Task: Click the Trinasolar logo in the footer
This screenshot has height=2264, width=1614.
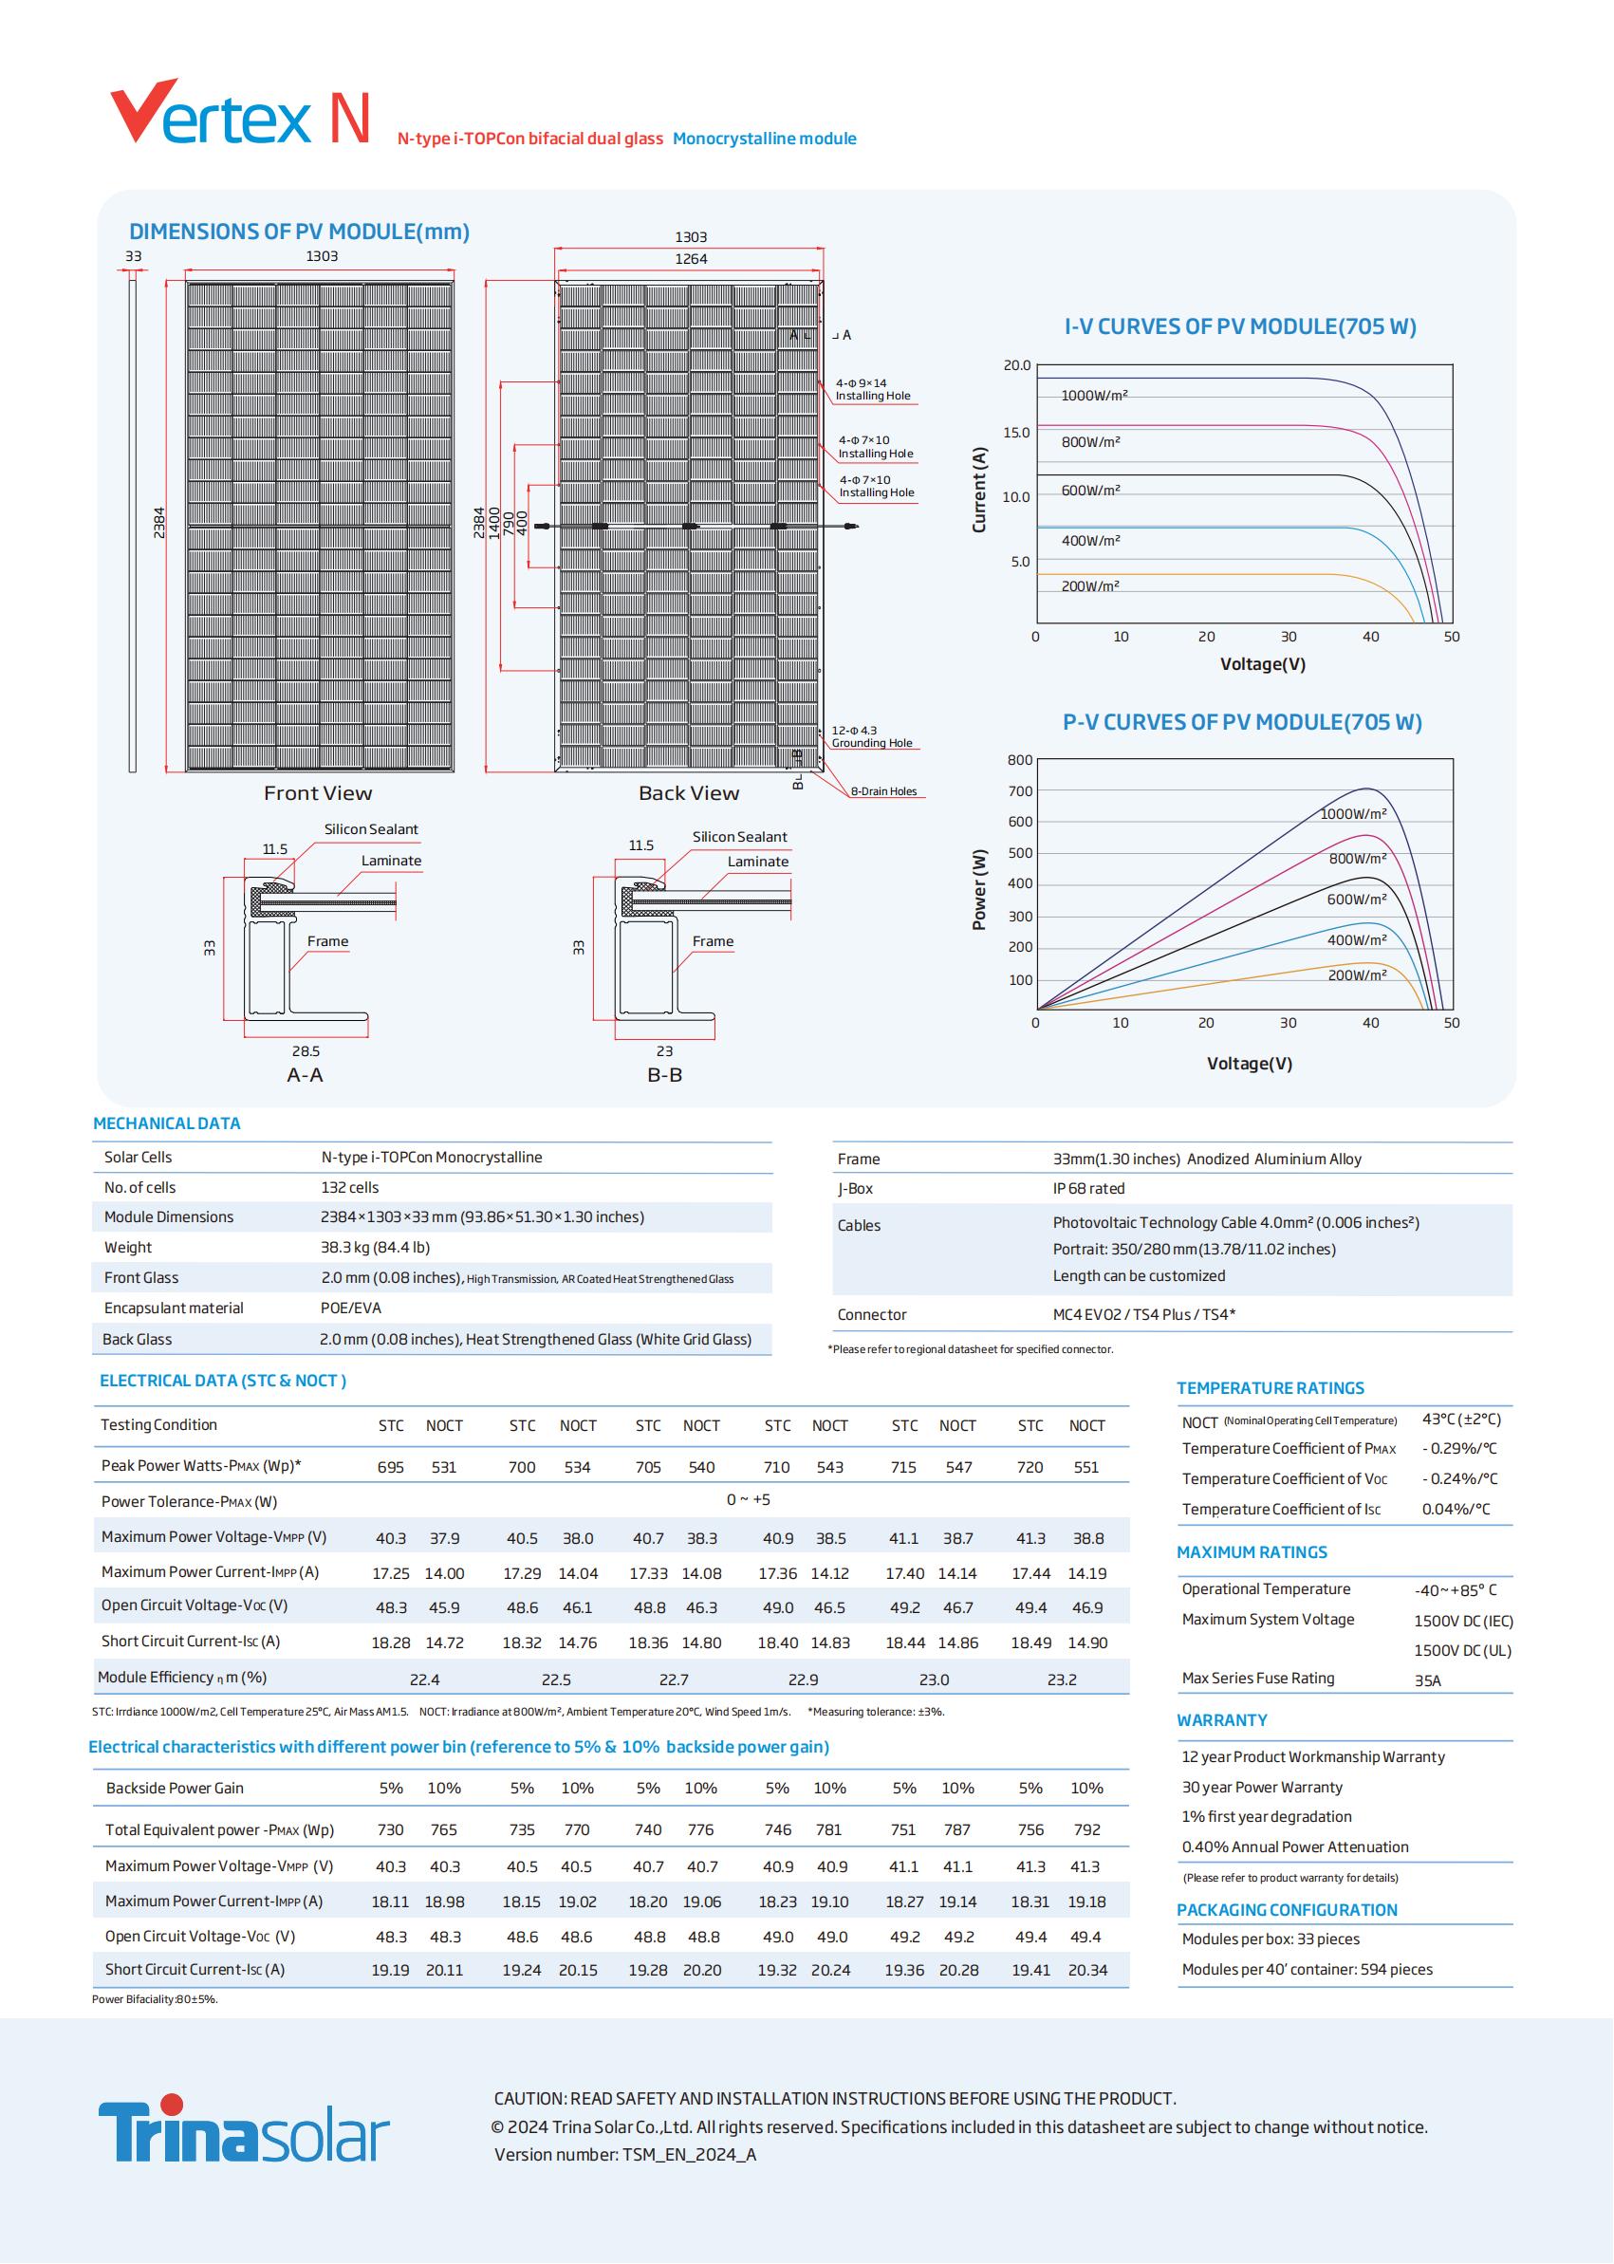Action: (x=244, y=2131)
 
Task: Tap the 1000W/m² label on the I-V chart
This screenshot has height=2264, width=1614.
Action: (x=1093, y=396)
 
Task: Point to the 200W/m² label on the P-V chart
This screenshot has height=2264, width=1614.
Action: (x=1357, y=975)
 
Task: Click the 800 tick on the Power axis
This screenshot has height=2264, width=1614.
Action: (x=1020, y=760)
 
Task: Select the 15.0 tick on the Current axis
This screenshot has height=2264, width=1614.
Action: (x=1015, y=433)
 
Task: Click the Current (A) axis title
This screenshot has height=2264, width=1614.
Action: (x=979, y=489)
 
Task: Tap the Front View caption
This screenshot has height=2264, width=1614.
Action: (x=317, y=793)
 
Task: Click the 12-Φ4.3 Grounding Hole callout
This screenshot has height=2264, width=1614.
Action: (x=871, y=736)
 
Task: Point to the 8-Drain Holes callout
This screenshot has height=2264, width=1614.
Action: (x=882, y=791)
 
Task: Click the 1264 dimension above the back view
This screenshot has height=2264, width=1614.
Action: (x=691, y=259)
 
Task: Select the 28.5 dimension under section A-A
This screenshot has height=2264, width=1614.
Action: (x=306, y=1050)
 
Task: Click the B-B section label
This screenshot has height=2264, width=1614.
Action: (x=664, y=1075)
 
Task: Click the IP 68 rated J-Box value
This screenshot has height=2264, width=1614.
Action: (x=1088, y=1189)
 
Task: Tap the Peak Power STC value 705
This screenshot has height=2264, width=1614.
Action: (x=648, y=1467)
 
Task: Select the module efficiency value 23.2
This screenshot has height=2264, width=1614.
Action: (x=1061, y=1679)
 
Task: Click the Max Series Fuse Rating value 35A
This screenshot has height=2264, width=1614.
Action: (x=1427, y=1680)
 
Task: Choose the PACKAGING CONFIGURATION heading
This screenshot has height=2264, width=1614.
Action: (x=1286, y=1910)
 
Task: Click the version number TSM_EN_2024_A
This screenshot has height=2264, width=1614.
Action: (x=689, y=2155)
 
